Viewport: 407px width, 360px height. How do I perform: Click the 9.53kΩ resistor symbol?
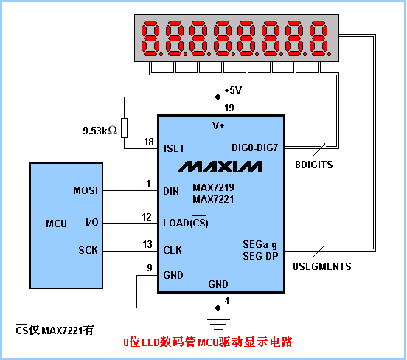point(125,128)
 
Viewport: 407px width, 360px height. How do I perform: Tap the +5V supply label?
point(233,91)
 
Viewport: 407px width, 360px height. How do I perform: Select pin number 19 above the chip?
point(229,108)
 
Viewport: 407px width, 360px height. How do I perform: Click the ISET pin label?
point(174,148)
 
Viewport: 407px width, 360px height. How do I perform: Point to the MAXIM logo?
point(220,166)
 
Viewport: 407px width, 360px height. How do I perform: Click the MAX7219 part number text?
point(213,187)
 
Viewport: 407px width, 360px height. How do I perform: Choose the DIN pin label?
point(171,191)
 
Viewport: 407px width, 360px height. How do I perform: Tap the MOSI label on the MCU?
point(86,190)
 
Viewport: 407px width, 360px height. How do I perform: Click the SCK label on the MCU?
point(88,250)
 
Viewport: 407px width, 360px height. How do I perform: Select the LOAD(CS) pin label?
point(186,222)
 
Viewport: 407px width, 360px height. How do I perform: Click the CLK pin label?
point(173,250)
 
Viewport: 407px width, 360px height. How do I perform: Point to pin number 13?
point(147,244)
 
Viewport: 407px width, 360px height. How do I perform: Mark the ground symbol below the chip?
point(218,324)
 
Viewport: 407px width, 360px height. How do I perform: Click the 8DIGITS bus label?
point(314,165)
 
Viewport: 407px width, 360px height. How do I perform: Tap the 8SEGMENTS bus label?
point(322,266)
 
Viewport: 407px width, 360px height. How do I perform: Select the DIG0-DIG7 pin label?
point(254,148)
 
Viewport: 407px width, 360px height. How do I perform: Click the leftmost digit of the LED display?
point(150,38)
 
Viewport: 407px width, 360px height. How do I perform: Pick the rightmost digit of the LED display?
point(319,38)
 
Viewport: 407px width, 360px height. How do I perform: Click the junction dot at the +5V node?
point(218,97)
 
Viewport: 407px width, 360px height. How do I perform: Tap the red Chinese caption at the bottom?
point(208,342)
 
